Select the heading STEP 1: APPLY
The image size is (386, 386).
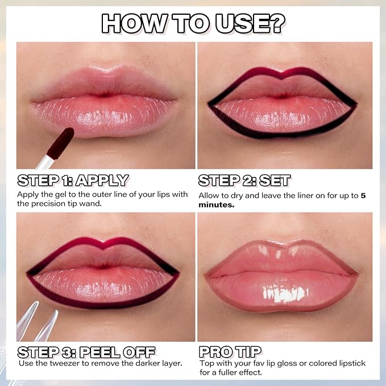pyautogui.click(x=73, y=180)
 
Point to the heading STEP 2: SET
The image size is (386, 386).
pyautogui.click(x=244, y=180)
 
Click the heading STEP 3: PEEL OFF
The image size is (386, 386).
pyautogui.click(x=86, y=352)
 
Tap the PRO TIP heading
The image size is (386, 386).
pyautogui.click(x=230, y=352)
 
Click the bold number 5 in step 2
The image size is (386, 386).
pyautogui.click(x=363, y=196)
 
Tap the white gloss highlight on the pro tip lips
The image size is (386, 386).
pyautogui.click(x=285, y=294)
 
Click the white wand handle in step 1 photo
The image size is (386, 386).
pyautogui.click(x=45, y=162)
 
